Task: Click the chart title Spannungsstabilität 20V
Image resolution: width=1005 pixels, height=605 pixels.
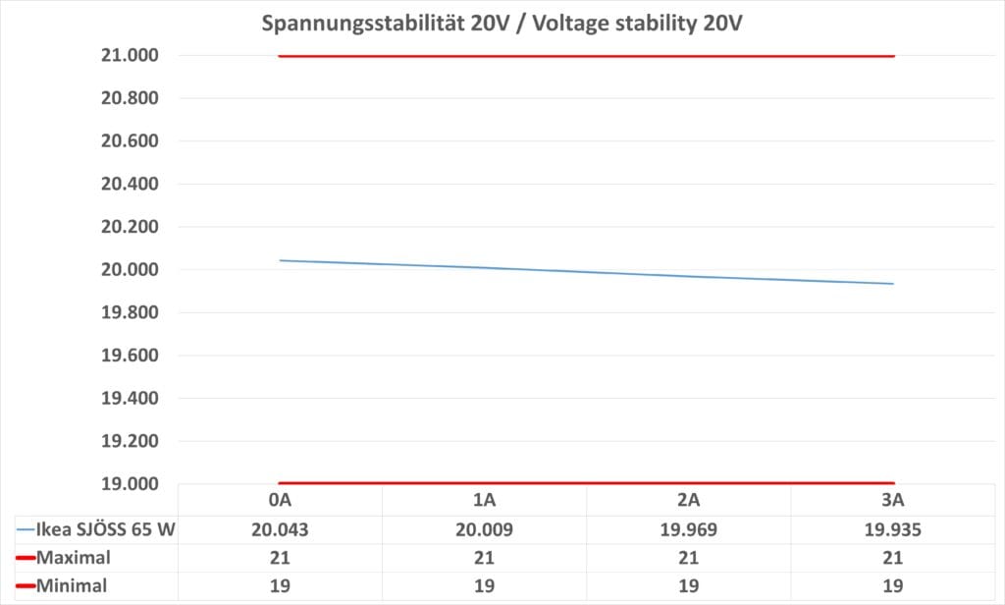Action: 502,24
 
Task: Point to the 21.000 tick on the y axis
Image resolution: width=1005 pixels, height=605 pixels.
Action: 131,55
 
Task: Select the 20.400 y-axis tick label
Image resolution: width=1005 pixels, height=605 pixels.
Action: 131,184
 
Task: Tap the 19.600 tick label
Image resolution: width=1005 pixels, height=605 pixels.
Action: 131,356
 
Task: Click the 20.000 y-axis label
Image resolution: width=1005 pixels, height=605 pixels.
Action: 131,270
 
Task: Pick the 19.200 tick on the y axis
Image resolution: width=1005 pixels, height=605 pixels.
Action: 131,441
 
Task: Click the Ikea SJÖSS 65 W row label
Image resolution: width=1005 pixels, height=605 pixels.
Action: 105,530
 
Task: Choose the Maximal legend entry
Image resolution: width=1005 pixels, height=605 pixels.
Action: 75,558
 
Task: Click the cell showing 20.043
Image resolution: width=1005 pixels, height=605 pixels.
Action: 281,530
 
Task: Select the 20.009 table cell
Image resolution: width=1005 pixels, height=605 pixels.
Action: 484,530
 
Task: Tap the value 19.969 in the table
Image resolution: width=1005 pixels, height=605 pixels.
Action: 688,530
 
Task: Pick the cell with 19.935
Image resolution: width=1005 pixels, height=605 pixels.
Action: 892,530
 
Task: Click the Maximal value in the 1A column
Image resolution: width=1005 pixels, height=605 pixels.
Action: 484,558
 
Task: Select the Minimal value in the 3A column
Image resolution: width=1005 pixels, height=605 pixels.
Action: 892,586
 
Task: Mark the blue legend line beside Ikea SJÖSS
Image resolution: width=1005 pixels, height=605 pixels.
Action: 25,530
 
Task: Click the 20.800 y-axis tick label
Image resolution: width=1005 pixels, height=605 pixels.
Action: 131,98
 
